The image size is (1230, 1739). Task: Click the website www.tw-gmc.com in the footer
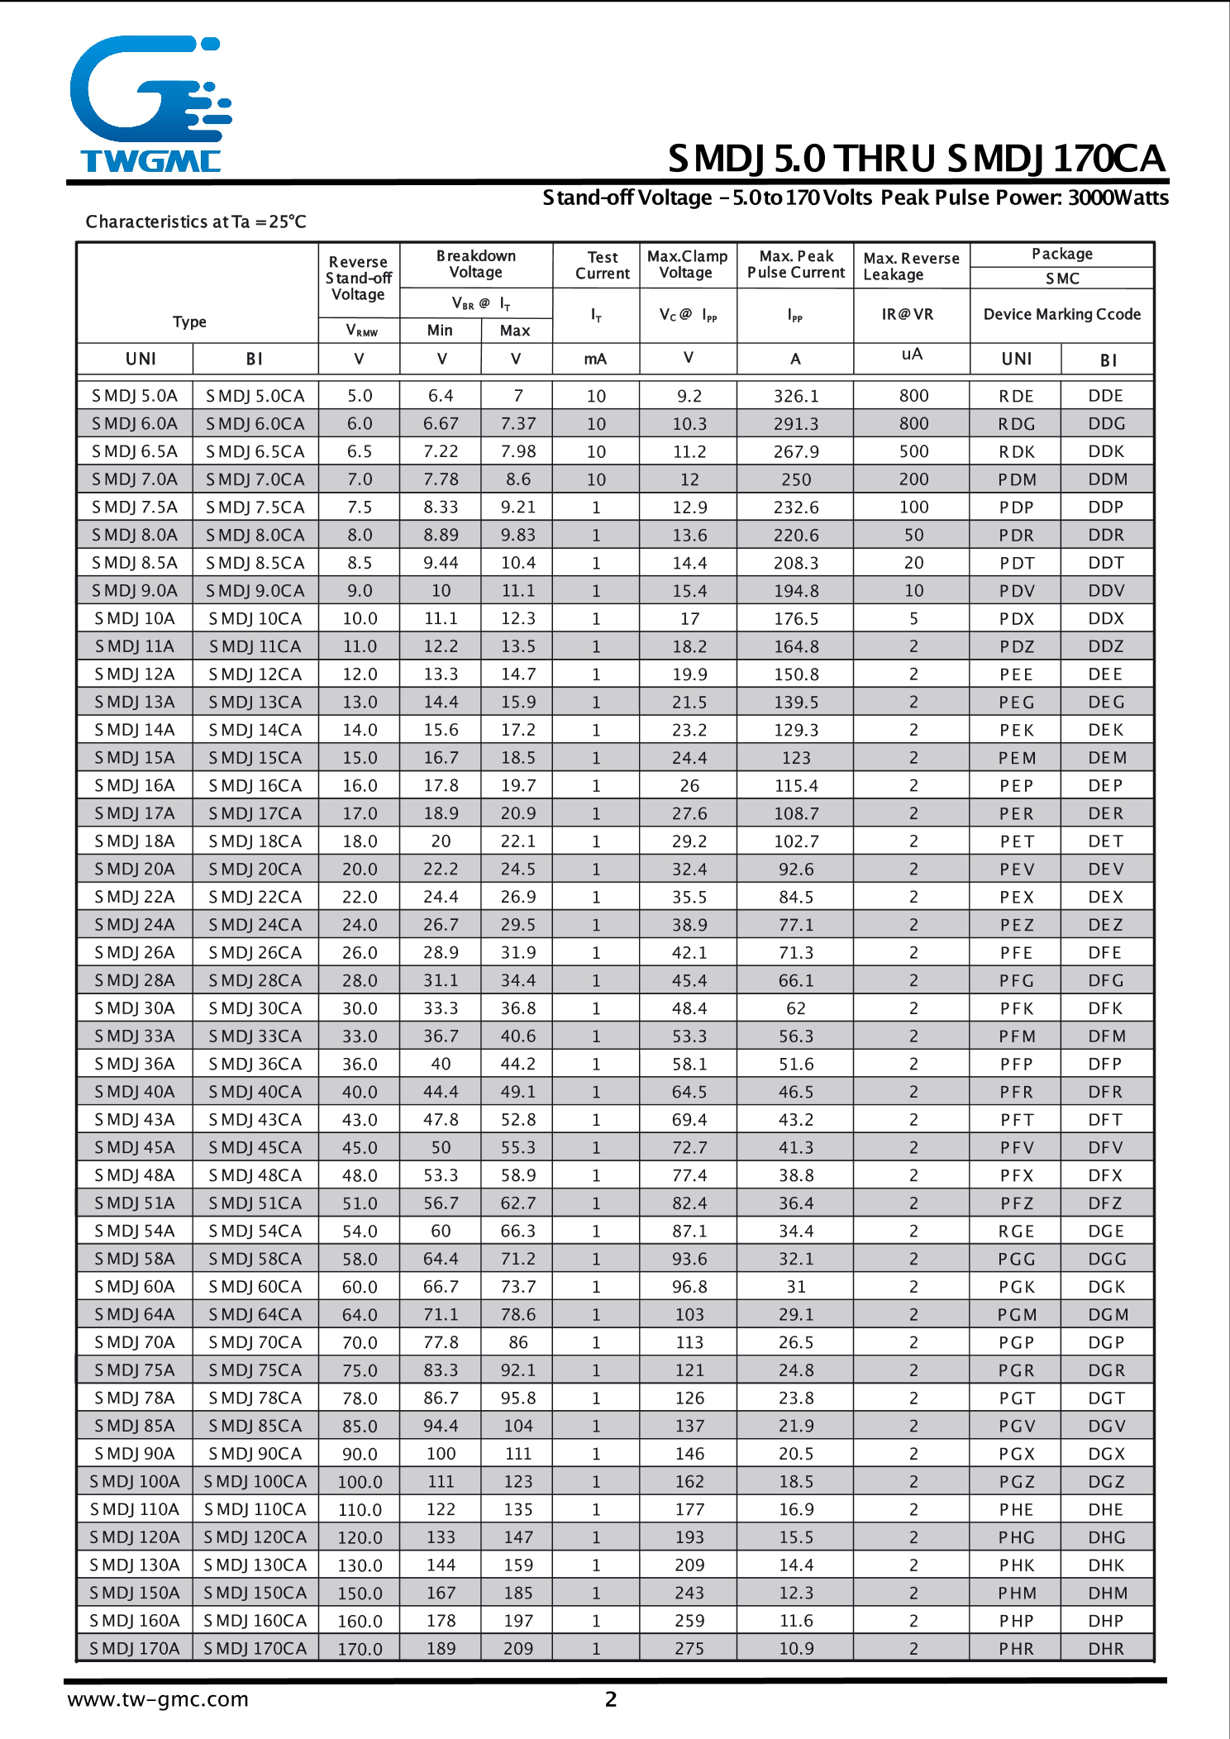coord(158,1699)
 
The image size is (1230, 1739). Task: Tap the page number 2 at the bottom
coord(611,1699)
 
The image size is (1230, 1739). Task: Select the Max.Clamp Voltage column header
coord(687,264)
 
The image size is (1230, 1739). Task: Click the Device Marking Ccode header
coord(1061,314)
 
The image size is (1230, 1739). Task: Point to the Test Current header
coord(603,265)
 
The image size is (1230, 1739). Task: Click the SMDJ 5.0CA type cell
coord(255,396)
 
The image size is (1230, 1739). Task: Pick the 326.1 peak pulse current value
coord(795,396)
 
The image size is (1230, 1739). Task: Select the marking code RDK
coord(1016,452)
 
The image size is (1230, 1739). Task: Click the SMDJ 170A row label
coord(135,1648)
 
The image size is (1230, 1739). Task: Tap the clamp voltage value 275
coord(689,1648)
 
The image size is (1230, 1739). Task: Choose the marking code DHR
coord(1105,1648)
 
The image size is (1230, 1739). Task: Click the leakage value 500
coord(913,451)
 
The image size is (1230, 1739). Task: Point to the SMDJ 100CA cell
coord(255,1481)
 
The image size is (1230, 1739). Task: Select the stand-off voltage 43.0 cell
coord(360,1120)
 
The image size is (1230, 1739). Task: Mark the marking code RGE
coord(1016,1232)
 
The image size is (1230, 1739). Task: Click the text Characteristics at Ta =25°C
coord(196,222)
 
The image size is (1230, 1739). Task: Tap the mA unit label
coord(595,359)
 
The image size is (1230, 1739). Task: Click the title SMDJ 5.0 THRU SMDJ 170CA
coord(916,159)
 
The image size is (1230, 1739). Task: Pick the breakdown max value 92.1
coord(517,1370)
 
